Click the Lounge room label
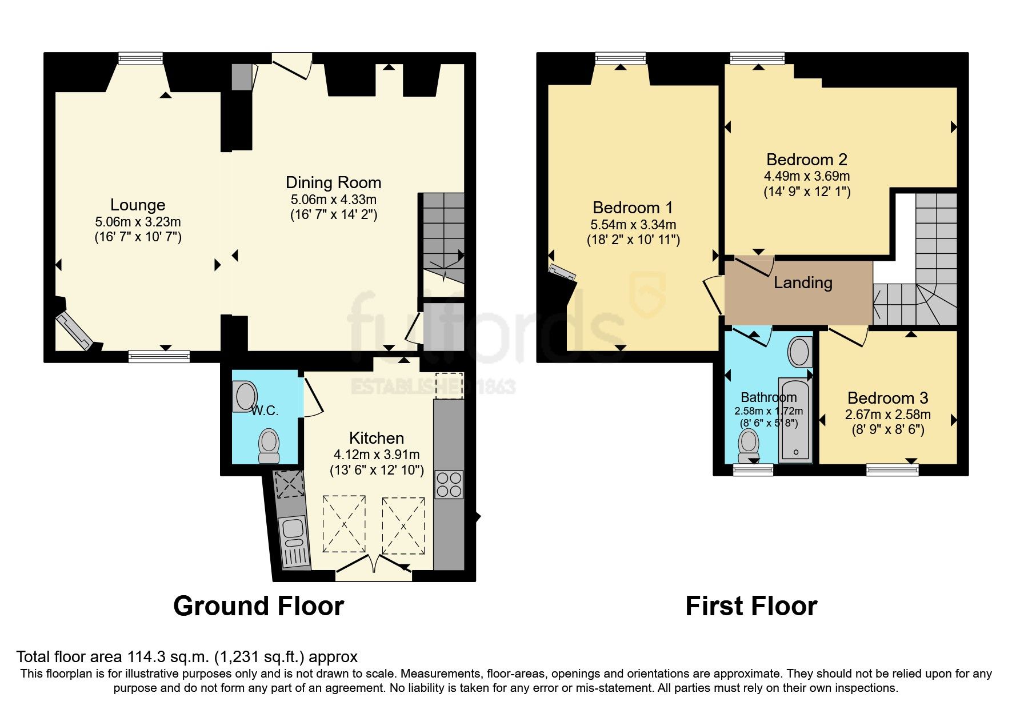[x=138, y=205]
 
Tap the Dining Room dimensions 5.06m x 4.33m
[x=333, y=200]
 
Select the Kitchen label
[x=376, y=438]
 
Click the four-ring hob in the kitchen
[x=449, y=484]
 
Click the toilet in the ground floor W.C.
[x=269, y=446]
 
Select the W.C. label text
[x=265, y=411]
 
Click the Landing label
[x=803, y=282]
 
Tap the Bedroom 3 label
[x=887, y=398]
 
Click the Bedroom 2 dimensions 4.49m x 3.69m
[x=806, y=176]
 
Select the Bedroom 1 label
[x=633, y=208]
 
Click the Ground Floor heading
[x=258, y=606]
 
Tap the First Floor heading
[x=751, y=606]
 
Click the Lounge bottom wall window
[x=159, y=357]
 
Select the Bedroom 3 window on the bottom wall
[x=892, y=470]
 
